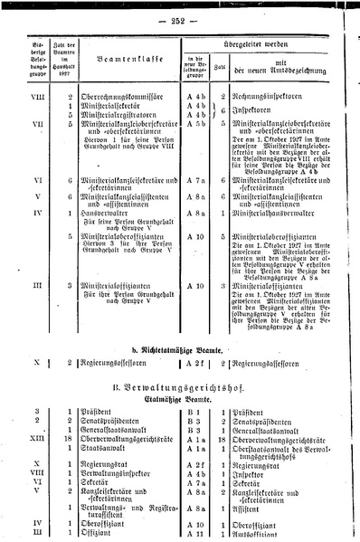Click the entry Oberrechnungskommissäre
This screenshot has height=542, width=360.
point(117,95)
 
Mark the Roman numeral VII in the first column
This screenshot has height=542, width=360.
point(34,125)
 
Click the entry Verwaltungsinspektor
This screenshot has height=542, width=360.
point(112,471)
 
